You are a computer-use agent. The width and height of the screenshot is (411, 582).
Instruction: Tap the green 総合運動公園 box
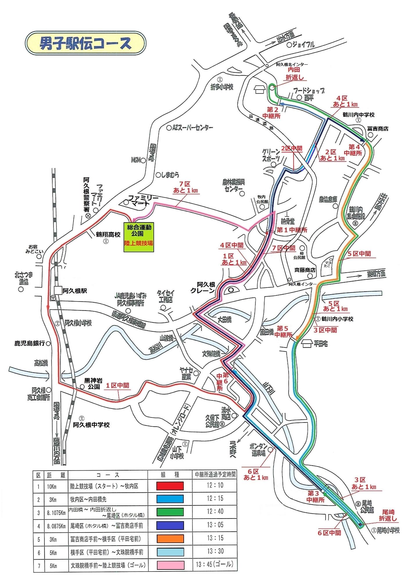138,237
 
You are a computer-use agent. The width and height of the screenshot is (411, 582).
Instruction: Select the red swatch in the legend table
170,486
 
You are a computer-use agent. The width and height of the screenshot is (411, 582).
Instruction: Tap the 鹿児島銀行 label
30,343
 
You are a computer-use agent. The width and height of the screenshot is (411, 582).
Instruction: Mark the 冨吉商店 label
378,128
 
